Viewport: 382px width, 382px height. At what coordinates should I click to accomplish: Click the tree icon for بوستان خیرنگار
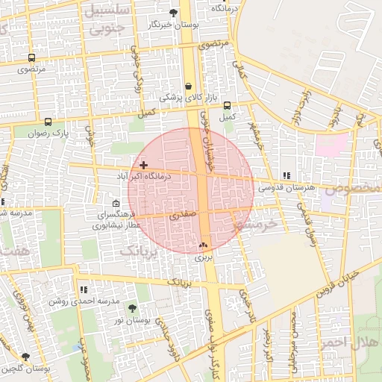click(174, 13)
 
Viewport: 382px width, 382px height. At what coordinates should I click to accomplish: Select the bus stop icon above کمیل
click(227, 106)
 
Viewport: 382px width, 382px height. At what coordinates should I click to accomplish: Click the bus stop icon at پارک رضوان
click(48, 122)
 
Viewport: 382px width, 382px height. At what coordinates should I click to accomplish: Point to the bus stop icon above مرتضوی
click(31, 57)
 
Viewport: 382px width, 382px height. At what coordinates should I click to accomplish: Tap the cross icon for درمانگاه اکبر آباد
click(143, 164)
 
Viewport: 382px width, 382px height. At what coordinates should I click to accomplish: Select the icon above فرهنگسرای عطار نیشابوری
click(115, 204)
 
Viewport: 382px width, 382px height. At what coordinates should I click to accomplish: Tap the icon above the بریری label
click(203, 245)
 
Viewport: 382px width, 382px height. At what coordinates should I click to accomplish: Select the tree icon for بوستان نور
click(132, 307)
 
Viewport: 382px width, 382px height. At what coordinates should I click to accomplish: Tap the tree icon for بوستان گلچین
click(26, 357)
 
